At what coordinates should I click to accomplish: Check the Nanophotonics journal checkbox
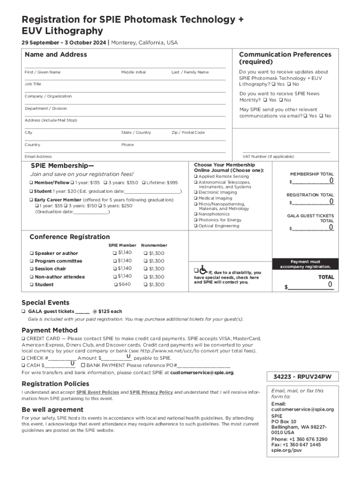(x=195, y=214)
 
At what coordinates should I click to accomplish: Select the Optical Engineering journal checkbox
(x=195, y=226)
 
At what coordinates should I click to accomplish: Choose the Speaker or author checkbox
(x=31, y=254)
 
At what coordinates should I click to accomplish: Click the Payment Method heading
(x=49, y=330)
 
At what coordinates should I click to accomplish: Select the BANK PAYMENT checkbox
(x=83, y=365)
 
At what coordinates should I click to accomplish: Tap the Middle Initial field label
(x=133, y=73)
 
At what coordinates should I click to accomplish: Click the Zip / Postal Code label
(x=188, y=133)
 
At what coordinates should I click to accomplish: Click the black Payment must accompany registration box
(x=305, y=264)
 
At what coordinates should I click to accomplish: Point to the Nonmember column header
(x=154, y=245)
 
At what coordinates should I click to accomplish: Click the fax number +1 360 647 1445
(x=302, y=445)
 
